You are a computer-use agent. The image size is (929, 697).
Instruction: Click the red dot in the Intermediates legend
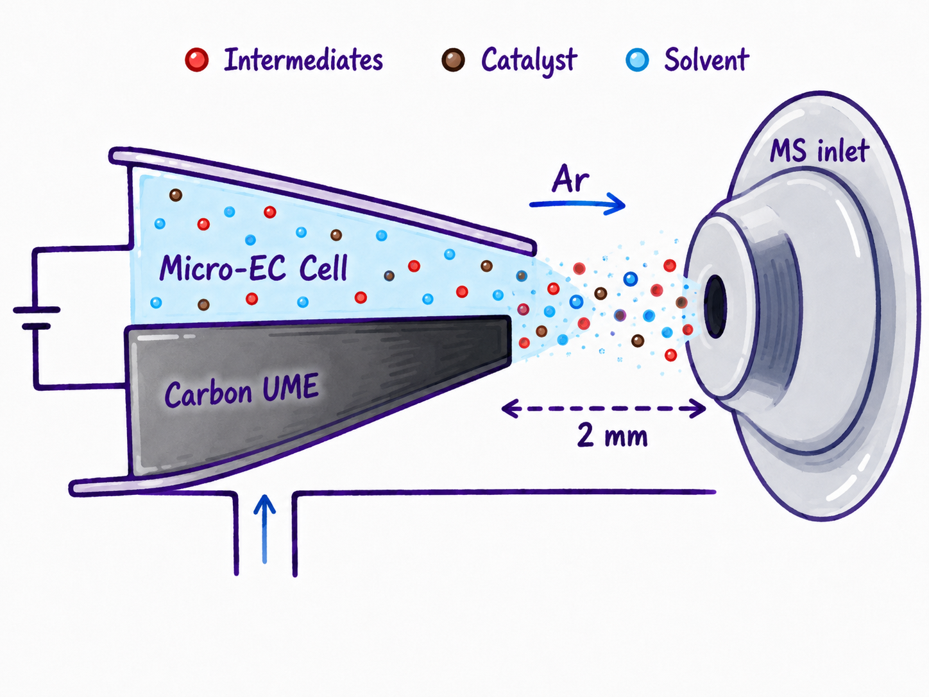[197, 60]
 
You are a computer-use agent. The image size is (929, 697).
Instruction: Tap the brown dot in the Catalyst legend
[454, 60]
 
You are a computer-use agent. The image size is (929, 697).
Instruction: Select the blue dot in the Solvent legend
[637, 60]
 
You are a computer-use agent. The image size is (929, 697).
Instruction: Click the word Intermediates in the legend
[303, 60]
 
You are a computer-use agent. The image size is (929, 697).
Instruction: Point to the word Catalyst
[529, 62]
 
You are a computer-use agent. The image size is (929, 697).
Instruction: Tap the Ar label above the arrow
[570, 180]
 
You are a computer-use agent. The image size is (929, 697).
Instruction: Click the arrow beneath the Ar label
[577, 204]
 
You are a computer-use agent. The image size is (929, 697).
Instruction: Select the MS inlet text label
[819, 150]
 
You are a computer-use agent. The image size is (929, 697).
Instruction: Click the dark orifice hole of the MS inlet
[715, 306]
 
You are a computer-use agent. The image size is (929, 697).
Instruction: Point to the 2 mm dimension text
[612, 436]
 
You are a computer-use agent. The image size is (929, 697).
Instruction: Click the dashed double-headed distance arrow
[604, 408]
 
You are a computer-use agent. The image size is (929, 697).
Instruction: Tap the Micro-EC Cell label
[253, 268]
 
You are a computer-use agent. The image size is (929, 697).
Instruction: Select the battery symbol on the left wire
[37, 318]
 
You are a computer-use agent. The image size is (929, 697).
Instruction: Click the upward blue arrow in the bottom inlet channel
[264, 529]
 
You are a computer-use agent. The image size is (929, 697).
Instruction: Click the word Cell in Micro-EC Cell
[323, 268]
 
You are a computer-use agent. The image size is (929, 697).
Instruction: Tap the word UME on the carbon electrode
[291, 387]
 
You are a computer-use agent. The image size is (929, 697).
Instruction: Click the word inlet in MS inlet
[843, 150]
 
